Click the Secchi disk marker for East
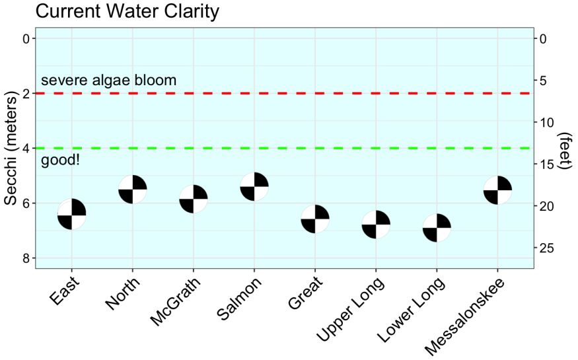[x=71, y=214]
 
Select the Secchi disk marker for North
[x=132, y=190]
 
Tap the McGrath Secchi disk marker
[x=194, y=199]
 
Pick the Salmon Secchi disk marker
[x=254, y=187]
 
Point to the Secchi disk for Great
[x=315, y=219]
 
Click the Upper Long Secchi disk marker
[x=376, y=225]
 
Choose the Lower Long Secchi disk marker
[x=437, y=228]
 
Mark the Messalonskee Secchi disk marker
[x=497, y=190]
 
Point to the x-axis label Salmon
[x=239, y=297]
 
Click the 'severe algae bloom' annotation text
[x=109, y=81]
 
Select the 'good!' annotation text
[x=60, y=161]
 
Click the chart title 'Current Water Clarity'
[x=127, y=11]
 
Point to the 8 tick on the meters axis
[x=26, y=258]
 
